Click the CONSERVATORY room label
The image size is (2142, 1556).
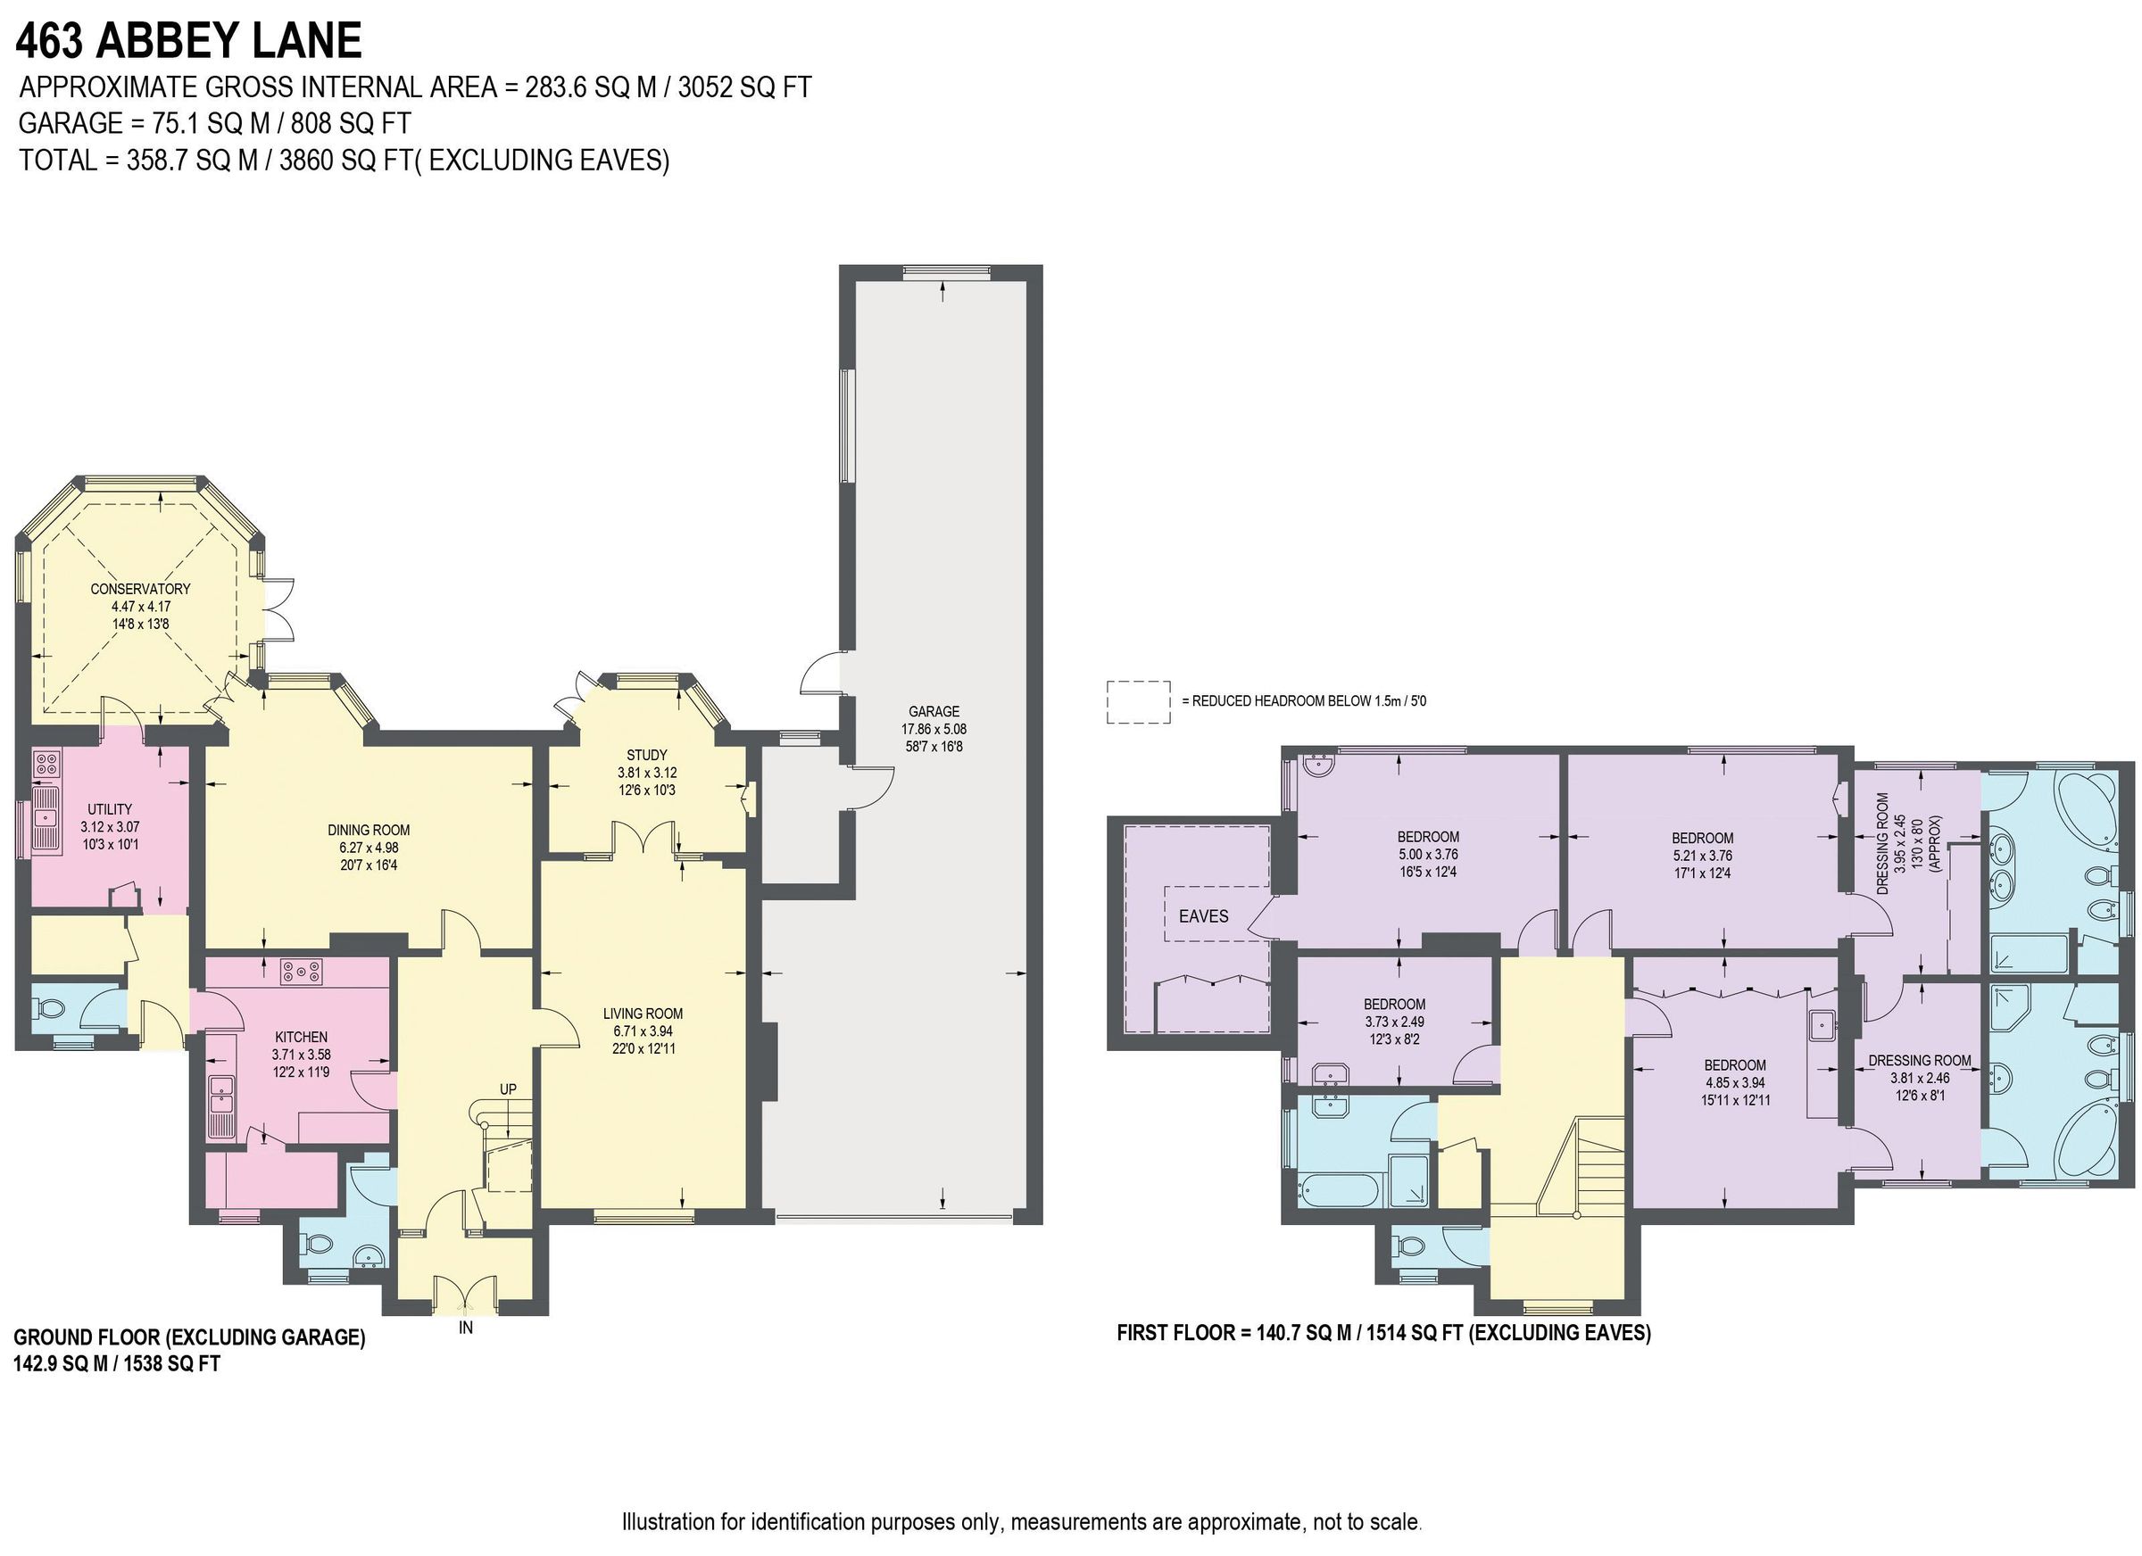tap(140, 588)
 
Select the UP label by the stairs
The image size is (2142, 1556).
tap(508, 1088)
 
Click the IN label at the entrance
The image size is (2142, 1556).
tap(466, 1328)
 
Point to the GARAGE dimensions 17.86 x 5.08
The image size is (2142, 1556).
tap(934, 729)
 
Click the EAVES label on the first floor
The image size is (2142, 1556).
tap(1203, 916)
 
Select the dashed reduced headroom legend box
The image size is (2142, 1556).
tap(1138, 701)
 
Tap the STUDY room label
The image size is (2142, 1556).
tap(646, 755)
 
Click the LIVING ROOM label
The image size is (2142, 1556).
tap(643, 1014)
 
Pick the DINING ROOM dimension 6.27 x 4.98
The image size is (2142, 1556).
tap(369, 848)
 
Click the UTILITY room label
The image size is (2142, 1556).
tap(110, 809)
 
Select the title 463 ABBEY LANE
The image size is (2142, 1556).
tap(189, 41)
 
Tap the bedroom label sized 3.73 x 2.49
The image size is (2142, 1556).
tap(1394, 1004)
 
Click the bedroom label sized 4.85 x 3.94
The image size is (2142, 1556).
tap(1735, 1064)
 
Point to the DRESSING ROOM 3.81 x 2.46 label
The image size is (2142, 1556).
tap(1919, 1060)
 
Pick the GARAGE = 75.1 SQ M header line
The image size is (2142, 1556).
tap(214, 123)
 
